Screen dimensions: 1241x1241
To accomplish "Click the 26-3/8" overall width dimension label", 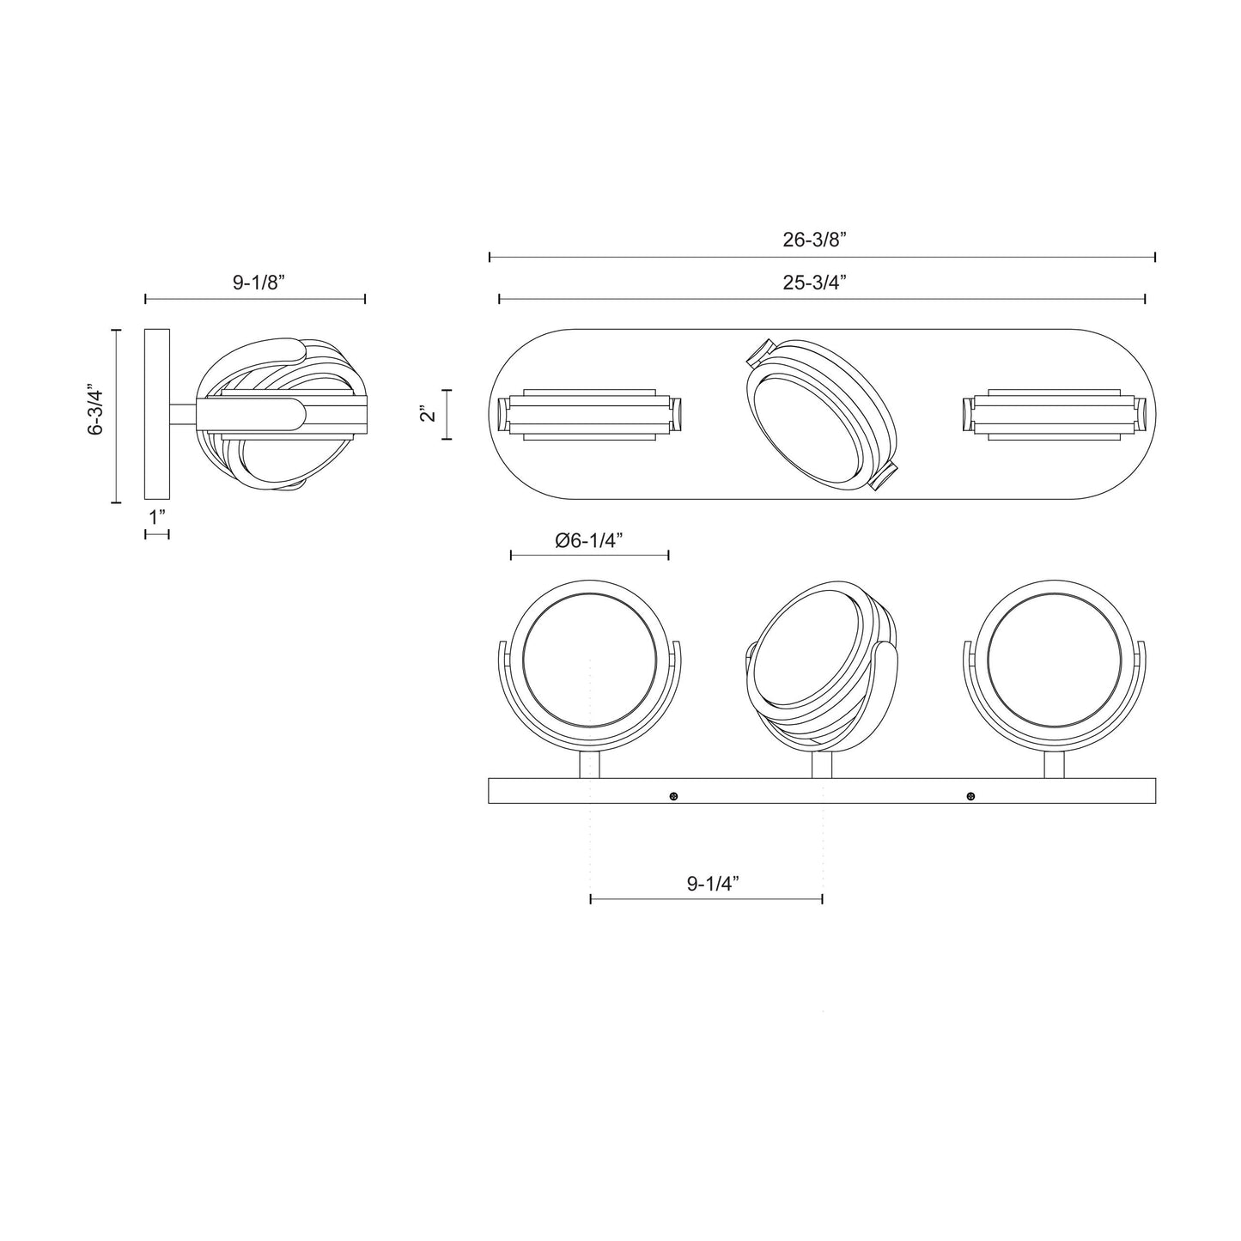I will (814, 240).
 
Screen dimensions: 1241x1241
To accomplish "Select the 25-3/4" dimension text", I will (814, 283).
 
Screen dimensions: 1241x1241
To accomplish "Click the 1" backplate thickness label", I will (156, 518).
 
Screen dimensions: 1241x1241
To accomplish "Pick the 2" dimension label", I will (428, 414).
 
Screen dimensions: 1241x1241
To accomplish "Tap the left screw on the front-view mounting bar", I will (673, 797).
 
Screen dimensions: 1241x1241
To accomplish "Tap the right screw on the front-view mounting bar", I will (970, 797).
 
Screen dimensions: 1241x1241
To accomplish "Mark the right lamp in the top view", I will (1055, 414).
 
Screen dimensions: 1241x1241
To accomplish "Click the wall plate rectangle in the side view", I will (157, 414).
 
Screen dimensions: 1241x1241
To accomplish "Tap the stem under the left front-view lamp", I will (590, 764).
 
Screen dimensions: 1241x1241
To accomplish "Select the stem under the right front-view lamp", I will (1055, 764).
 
